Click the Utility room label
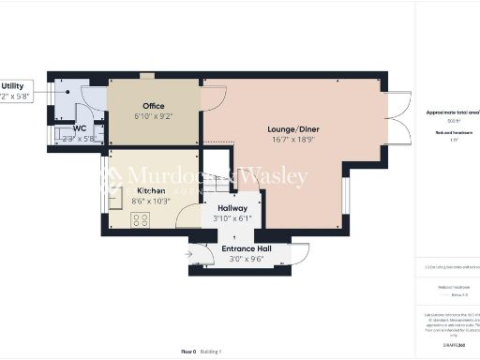12,84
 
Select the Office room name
153,105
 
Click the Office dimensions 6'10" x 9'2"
153,115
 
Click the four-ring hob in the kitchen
142,220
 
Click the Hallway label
232,208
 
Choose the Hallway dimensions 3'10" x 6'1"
232,218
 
